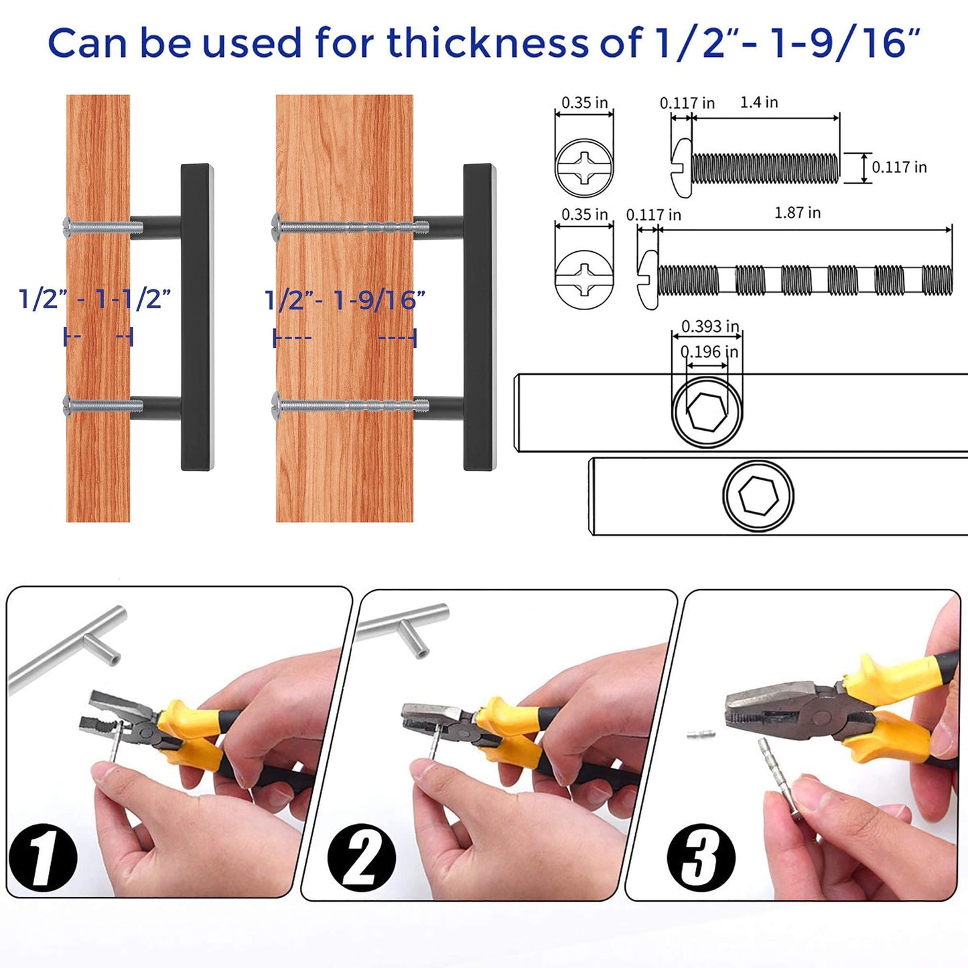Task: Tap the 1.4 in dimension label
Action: click(x=758, y=102)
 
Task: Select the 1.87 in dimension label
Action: click(x=797, y=213)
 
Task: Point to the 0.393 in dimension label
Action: click(x=709, y=326)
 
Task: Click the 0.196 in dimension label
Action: click(x=709, y=352)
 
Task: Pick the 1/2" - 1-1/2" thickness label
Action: click(x=95, y=299)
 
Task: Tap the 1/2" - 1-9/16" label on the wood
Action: click(x=345, y=300)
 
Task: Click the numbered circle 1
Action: click(x=44, y=858)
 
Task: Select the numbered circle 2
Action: click(x=362, y=857)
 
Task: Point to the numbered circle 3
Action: click(x=701, y=858)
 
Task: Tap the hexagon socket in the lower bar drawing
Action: click(x=758, y=496)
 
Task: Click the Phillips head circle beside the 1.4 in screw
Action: click(x=584, y=168)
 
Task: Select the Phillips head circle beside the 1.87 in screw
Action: click(x=584, y=280)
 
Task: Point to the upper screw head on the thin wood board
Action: click(x=67, y=226)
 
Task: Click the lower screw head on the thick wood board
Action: click(x=277, y=404)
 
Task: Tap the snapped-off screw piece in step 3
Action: click(x=701, y=734)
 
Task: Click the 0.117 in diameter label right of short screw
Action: click(x=899, y=167)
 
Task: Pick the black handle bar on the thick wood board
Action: click(x=480, y=316)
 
